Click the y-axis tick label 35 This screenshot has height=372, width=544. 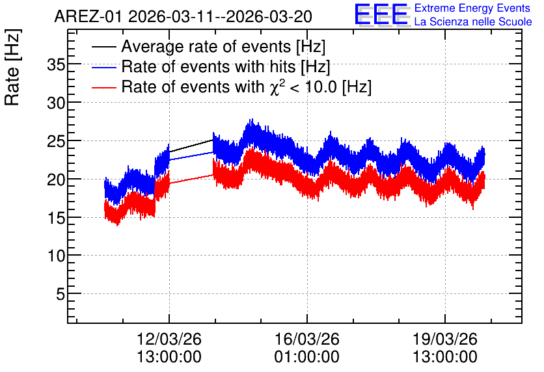click(x=56, y=65)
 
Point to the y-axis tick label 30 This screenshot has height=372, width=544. click(x=56, y=103)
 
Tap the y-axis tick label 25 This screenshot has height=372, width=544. click(x=56, y=141)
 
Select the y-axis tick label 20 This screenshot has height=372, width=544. click(x=56, y=180)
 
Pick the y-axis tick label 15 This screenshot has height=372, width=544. click(x=56, y=218)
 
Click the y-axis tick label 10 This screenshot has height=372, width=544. click(x=56, y=256)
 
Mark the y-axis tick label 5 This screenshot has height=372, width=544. click(x=61, y=295)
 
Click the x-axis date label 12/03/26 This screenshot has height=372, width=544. click(x=169, y=339)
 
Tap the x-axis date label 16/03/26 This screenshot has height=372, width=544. click(x=306, y=339)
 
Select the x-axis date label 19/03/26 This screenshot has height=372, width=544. click(x=445, y=339)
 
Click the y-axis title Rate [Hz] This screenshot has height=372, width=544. click(x=13, y=67)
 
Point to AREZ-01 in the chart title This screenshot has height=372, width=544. click(x=88, y=17)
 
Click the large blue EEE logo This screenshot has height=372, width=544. click(x=381, y=14)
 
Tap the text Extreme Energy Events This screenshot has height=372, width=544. click(x=472, y=8)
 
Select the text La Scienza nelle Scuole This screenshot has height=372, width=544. click(x=473, y=22)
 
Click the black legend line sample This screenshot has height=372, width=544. click(x=103, y=47)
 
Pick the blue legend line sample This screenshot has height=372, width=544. click(x=103, y=67)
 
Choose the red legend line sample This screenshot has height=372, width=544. click(x=103, y=87)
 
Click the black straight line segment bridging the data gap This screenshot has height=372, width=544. click(x=191, y=146)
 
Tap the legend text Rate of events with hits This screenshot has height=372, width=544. click(x=208, y=66)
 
